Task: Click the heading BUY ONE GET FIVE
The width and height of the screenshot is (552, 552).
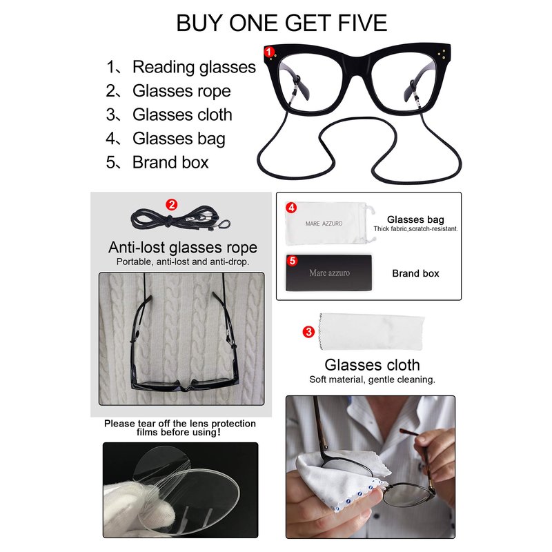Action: pos(282,23)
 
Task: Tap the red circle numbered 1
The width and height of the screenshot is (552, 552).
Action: pos(269,52)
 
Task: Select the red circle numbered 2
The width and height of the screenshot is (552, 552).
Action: pos(171,204)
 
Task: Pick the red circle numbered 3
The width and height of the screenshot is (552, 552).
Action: pos(308,332)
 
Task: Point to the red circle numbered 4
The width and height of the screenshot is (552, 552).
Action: pos(291,208)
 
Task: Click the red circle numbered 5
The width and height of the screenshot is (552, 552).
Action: pos(292,261)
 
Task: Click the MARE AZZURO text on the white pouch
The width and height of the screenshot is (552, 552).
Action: pos(324,224)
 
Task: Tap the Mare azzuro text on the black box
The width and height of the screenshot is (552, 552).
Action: pos(330,273)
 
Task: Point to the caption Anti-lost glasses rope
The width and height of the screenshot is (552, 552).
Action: pos(183,247)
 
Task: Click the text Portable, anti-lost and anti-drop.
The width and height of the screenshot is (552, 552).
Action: pos(183,262)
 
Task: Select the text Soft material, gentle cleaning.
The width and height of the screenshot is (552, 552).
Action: pos(372,379)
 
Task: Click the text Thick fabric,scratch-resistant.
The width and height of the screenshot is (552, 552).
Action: pos(416,229)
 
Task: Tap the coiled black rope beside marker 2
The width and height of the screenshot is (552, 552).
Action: pos(180,219)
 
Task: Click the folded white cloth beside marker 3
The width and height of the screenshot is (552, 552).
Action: pos(371,332)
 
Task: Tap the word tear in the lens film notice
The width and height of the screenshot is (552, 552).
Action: pos(147,424)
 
